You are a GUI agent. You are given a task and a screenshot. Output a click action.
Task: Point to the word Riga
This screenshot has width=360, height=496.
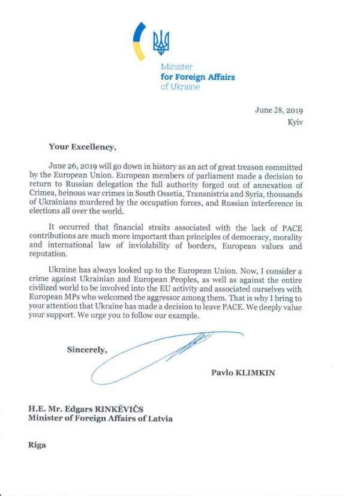(37, 446)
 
